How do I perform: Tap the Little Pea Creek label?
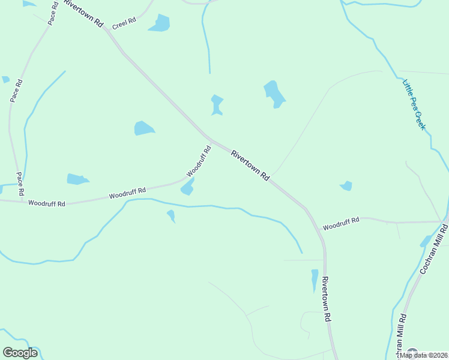414,104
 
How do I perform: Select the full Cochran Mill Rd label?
434,249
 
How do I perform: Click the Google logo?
20,353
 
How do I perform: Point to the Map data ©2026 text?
423,355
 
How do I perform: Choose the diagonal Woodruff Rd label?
199,161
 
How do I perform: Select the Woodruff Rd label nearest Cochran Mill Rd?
340,224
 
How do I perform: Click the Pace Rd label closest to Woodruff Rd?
20,184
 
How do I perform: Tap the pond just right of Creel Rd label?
160,23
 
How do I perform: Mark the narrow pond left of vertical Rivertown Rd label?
315,280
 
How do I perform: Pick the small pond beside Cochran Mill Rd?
426,241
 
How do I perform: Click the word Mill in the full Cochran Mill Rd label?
435,247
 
